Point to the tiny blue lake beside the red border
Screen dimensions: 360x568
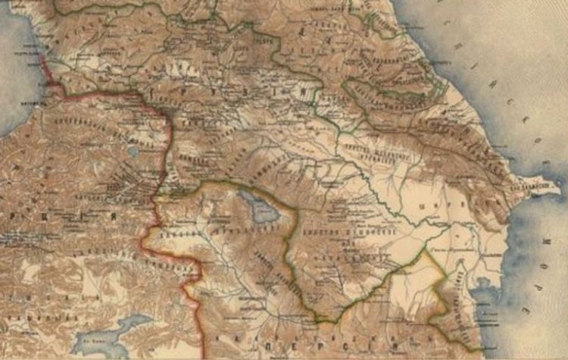pos(133,152)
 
